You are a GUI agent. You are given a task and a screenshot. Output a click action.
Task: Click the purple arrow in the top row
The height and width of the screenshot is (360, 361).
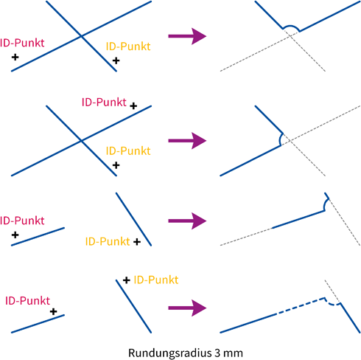(x=187, y=36)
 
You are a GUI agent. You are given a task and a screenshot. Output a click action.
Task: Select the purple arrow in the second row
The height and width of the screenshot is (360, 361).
(x=187, y=141)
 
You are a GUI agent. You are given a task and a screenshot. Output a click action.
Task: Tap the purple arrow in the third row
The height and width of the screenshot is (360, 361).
(x=187, y=221)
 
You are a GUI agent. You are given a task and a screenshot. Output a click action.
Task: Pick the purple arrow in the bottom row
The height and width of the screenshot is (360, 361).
(x=187, y=308)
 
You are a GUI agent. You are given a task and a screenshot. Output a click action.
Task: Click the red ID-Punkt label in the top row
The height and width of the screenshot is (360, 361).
(x=22, y=43)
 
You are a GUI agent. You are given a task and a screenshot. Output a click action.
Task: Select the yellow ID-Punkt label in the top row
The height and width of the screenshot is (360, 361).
(x=128, y=46)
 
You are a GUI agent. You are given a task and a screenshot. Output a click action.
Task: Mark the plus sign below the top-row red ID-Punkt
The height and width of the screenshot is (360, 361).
(x=15, y=58)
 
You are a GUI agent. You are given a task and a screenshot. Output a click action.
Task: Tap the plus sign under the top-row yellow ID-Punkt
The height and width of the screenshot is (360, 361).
(x=116, y=60)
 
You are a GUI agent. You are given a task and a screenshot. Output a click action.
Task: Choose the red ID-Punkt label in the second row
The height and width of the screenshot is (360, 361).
(x=104, y=103)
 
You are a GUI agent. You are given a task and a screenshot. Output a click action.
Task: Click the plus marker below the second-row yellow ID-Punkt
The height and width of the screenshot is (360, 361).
(x=116, y=165)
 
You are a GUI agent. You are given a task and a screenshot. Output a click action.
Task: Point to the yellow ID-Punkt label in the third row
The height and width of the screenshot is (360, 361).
(x=108, y=242)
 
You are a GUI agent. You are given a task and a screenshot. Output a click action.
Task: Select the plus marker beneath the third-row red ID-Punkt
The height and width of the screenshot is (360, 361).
(x=15, y=235)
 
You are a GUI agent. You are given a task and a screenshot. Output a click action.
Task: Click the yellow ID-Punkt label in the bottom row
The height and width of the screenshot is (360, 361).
(x=156, y=280)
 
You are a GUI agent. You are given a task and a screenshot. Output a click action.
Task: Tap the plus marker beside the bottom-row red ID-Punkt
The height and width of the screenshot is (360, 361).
(x=53, y=311)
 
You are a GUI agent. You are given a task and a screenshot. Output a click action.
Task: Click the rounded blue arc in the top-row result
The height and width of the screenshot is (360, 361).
(x=291, y=26)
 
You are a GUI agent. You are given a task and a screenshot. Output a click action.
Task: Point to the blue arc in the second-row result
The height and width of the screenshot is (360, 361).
(x=280, y=140)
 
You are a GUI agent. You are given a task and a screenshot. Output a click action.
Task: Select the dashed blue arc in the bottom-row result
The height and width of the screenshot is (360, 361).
(x=333, y=305)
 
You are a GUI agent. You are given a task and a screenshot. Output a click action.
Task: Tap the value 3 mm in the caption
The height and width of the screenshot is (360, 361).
(x=228, y=353)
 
